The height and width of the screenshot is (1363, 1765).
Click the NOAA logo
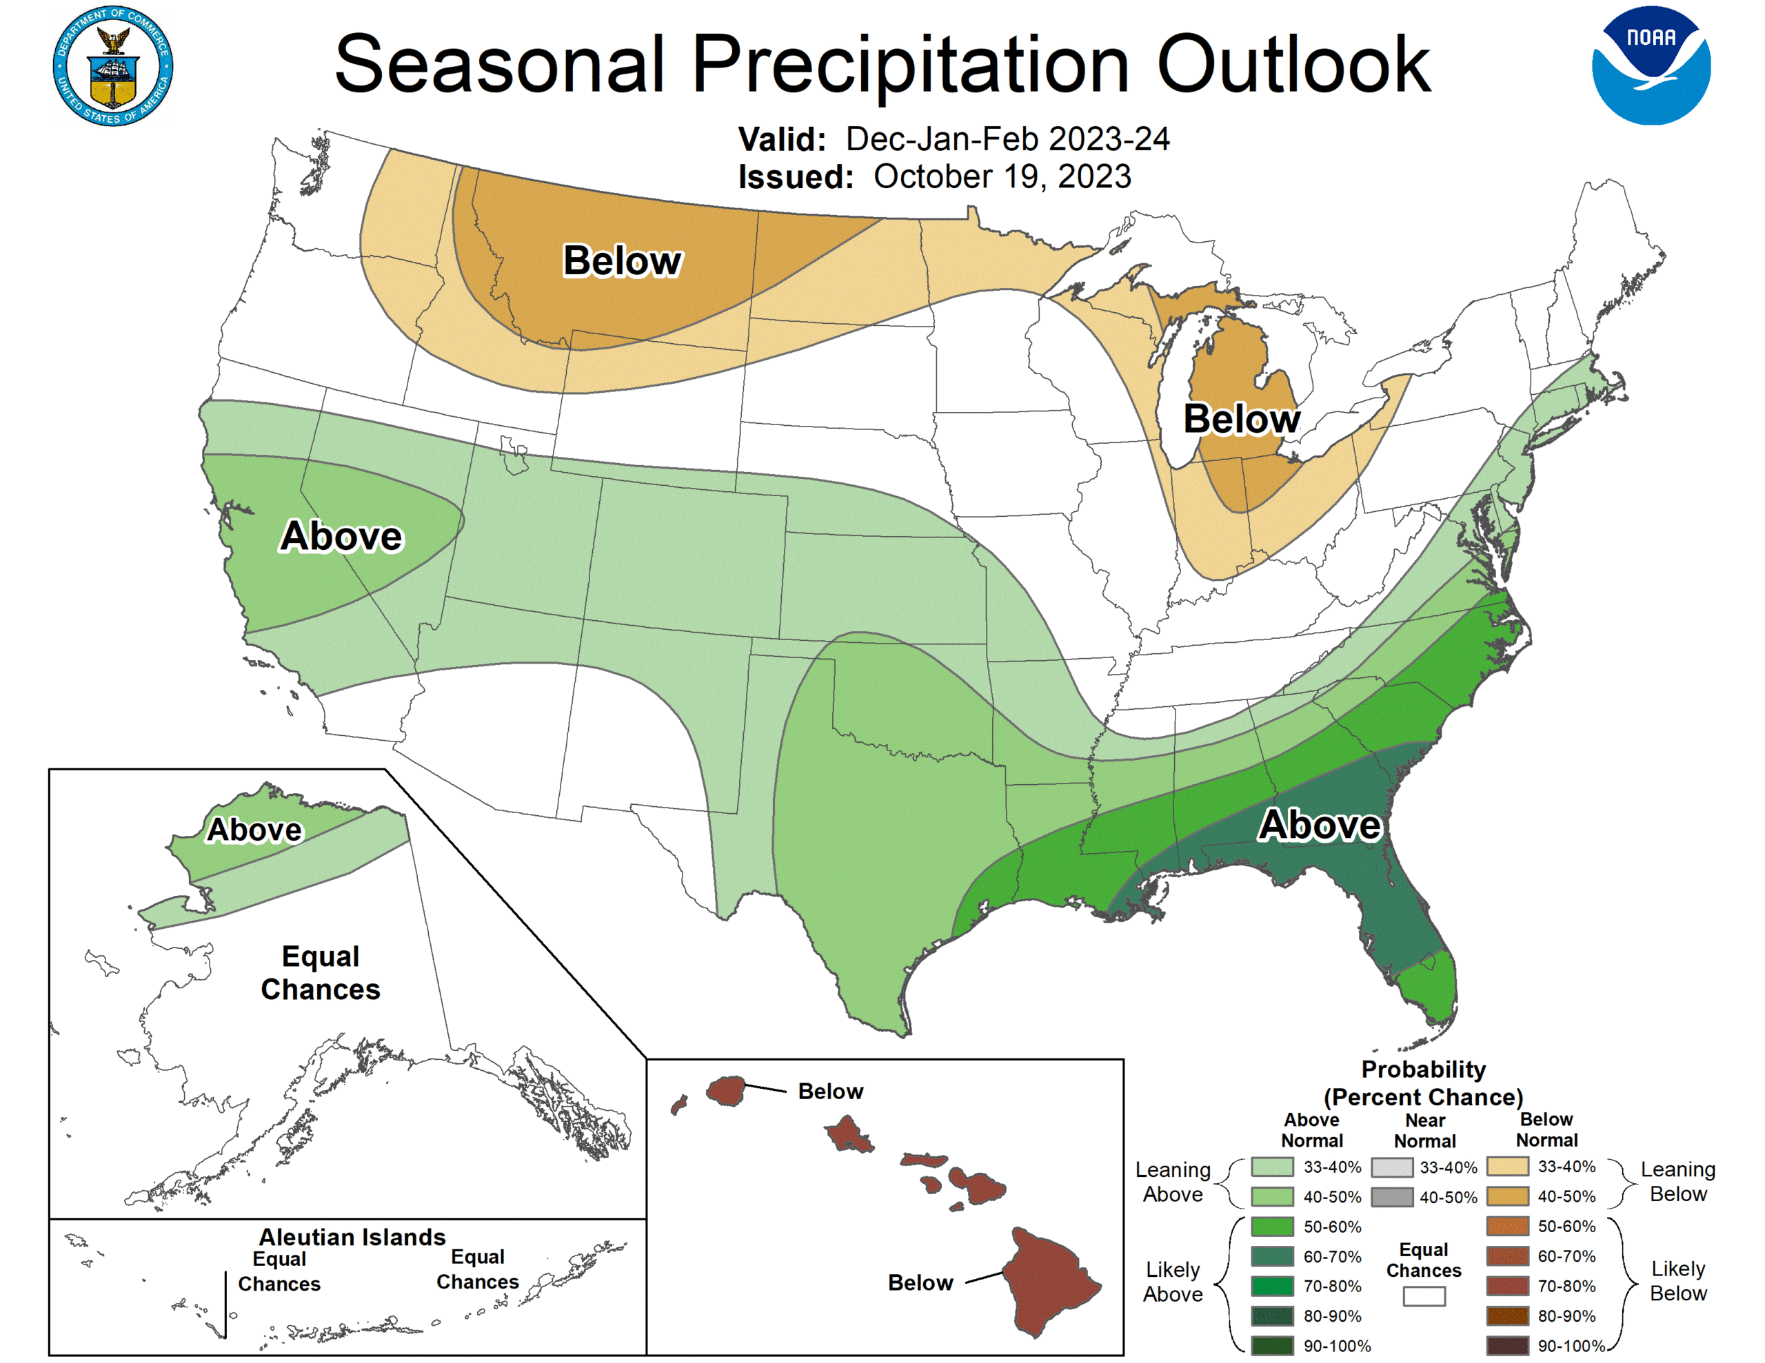(1651, 65)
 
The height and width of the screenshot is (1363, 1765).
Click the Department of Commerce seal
(113, 66)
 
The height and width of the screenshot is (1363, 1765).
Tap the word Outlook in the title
(1293, 65)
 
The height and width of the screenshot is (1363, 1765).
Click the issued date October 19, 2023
(1002, 177)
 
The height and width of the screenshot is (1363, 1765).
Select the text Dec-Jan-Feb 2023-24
(1007, 139)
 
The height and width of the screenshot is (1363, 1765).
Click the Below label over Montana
(623, 261)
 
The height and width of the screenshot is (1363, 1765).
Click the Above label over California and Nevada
(341, 537)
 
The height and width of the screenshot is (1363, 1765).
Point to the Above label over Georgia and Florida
(1320, 825)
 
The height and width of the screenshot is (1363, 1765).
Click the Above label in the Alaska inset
(254, 830)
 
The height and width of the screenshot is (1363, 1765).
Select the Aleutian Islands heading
(352, 1237)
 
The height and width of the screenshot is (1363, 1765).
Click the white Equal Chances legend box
(1423, 1296)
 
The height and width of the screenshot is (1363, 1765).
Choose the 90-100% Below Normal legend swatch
(1506, 1346)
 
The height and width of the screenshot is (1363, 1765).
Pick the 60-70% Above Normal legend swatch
(1272, 1256)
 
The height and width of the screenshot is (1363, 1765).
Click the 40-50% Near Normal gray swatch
(1391, 1196)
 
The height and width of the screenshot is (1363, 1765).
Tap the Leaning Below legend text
(1677, 1181)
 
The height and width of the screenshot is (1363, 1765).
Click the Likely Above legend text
(1172, 1282)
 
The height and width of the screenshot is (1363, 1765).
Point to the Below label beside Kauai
(830, 1092)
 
